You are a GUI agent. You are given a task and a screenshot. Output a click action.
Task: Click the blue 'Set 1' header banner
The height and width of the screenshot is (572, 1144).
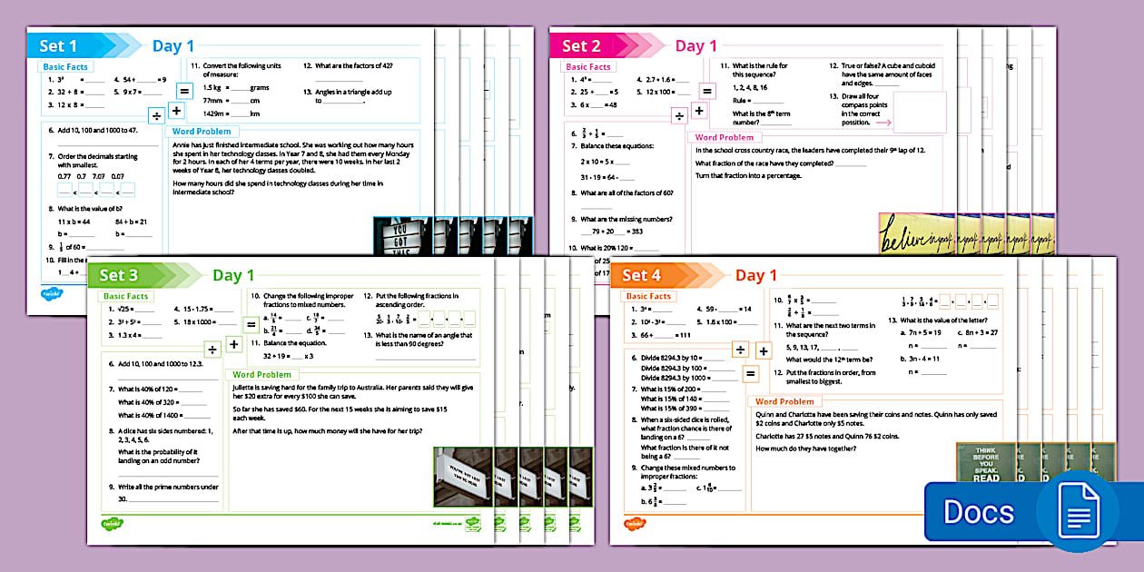60,46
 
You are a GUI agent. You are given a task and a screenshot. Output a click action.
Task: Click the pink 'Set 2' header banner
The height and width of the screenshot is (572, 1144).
582,46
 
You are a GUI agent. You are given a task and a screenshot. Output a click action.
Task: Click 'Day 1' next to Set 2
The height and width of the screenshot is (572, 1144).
696,46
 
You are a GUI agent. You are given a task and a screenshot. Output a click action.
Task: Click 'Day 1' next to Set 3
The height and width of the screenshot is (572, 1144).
233,275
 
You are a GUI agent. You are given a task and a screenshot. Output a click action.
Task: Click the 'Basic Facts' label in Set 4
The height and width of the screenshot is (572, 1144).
649,296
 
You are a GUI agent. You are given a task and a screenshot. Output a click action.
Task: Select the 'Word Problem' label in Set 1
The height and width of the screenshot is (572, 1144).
202,132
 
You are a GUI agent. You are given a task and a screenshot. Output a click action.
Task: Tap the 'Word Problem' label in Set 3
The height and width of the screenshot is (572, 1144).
262,374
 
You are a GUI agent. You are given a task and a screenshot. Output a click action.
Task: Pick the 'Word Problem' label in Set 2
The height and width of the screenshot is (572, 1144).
725,138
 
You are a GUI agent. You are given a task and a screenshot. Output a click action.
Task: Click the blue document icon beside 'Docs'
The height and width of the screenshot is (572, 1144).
1077,512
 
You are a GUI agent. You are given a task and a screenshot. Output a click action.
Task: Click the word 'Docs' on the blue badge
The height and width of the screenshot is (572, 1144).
978,512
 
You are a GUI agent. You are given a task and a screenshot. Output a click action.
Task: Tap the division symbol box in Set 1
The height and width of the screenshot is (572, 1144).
156,116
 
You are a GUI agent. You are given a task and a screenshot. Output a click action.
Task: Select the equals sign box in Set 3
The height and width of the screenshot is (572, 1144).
251,324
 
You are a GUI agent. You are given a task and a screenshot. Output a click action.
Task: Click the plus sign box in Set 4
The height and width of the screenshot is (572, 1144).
764,351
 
